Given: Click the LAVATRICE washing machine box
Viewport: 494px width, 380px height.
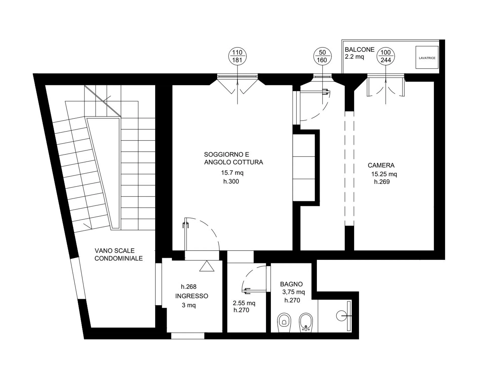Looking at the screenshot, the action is coord(427,57).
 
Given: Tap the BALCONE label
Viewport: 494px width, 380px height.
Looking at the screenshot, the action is coord(360,50).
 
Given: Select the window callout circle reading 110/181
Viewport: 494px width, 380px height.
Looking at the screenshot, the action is coord(237,56).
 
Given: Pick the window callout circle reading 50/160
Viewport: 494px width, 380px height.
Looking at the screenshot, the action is coord(322,56).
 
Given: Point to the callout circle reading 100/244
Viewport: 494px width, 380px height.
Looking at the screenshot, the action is coord(386,56).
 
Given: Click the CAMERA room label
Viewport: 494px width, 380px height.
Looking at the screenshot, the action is coord(381,165).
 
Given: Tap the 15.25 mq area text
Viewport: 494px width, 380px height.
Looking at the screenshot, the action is coord(384,174).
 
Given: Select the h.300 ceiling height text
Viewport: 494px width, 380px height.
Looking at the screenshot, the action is coord(231,181).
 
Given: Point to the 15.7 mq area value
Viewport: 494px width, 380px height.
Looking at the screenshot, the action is coord(232,173).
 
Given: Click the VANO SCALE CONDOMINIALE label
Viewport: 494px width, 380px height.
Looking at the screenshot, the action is coord(118,255).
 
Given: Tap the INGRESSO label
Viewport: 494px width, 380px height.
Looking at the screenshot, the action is coord(192,296).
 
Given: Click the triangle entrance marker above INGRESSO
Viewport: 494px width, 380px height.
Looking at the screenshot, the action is coord(207,266).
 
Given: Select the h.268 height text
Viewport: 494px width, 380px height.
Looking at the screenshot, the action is coord(189,287).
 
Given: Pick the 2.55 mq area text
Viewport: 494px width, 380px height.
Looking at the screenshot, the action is coord(244,303).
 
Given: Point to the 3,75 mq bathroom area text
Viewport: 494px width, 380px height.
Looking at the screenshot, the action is coord(293,292).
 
